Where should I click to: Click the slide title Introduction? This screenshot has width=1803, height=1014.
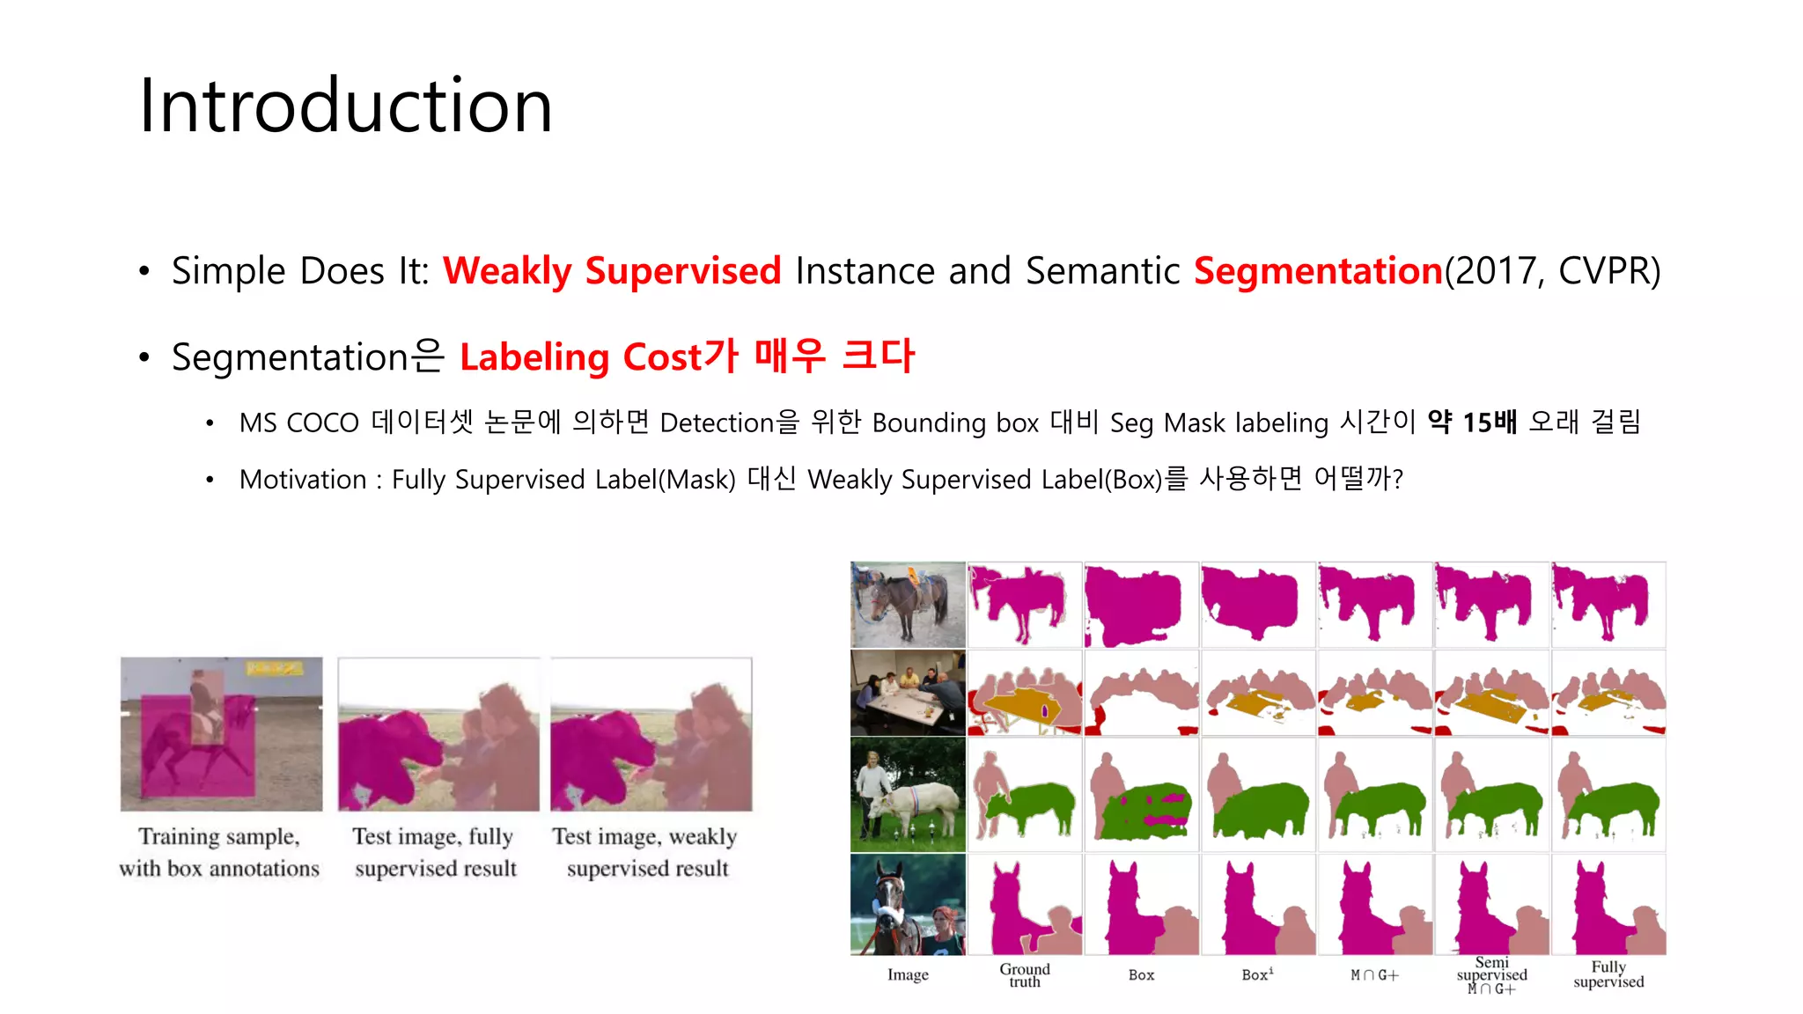coord(345,106)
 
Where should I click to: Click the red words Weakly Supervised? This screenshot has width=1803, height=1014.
coord(611,270)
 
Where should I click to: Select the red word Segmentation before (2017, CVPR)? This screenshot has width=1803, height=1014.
coord(1317,270)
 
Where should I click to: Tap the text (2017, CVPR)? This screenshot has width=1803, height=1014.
coord(1552,270)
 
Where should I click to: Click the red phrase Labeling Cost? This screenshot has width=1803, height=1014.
coord(581,357)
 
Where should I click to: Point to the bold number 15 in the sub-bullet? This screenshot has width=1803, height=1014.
coord(1476,422)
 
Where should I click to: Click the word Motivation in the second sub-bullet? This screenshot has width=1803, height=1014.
coord(303,480)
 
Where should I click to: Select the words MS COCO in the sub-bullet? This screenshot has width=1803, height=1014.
coord(298,423)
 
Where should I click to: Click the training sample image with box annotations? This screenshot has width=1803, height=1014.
coord(221,733)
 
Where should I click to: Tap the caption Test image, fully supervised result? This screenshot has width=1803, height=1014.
coord(435,852)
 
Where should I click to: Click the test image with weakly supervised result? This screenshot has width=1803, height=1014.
coord(651,733)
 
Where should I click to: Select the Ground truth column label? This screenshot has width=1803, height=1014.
coord(1024,974)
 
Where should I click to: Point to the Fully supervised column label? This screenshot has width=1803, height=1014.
coord(1608,974)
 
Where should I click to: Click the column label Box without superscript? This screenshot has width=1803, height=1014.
coord(1141,975)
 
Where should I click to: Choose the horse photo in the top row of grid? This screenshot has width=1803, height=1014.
coord(908,605)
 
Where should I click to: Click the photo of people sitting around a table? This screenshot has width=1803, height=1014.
coord(908,693)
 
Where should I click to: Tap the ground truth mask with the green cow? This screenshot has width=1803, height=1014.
coord(1024,795)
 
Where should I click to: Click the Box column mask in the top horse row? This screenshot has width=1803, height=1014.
coord(1141,605)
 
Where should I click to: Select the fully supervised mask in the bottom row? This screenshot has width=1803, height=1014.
coord(1608,905)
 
